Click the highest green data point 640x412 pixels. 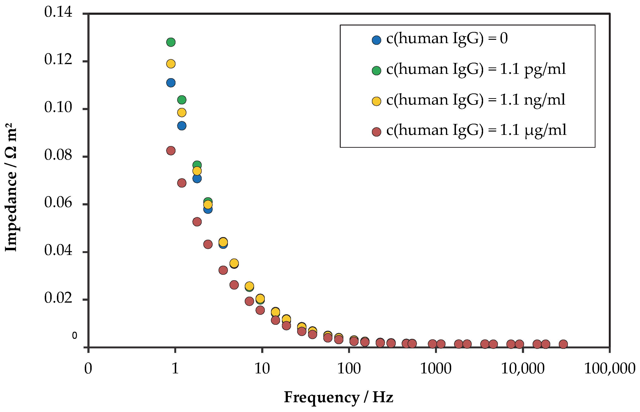pos(170,42)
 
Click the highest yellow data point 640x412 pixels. pos(170,64)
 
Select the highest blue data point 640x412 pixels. pos(170,83)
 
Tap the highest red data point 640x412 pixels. pos(170,151)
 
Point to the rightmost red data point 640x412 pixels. pos(563,344)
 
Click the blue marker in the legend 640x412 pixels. pos(376,40)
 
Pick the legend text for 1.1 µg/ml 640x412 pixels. pos(476,130)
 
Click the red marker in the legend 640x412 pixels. pos(376,132)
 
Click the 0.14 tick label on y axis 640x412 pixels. pos(58,12)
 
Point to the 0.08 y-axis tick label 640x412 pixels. pos(58,155)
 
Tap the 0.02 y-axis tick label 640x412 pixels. pos(58,298)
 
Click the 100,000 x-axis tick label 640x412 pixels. pos(610,369)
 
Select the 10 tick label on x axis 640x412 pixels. pos(262,369)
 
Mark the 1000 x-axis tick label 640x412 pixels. pos(436,369)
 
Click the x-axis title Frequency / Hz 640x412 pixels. pos(338,397)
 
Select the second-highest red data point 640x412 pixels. pos(181,183)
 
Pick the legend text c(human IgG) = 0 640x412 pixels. pos(447,39)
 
